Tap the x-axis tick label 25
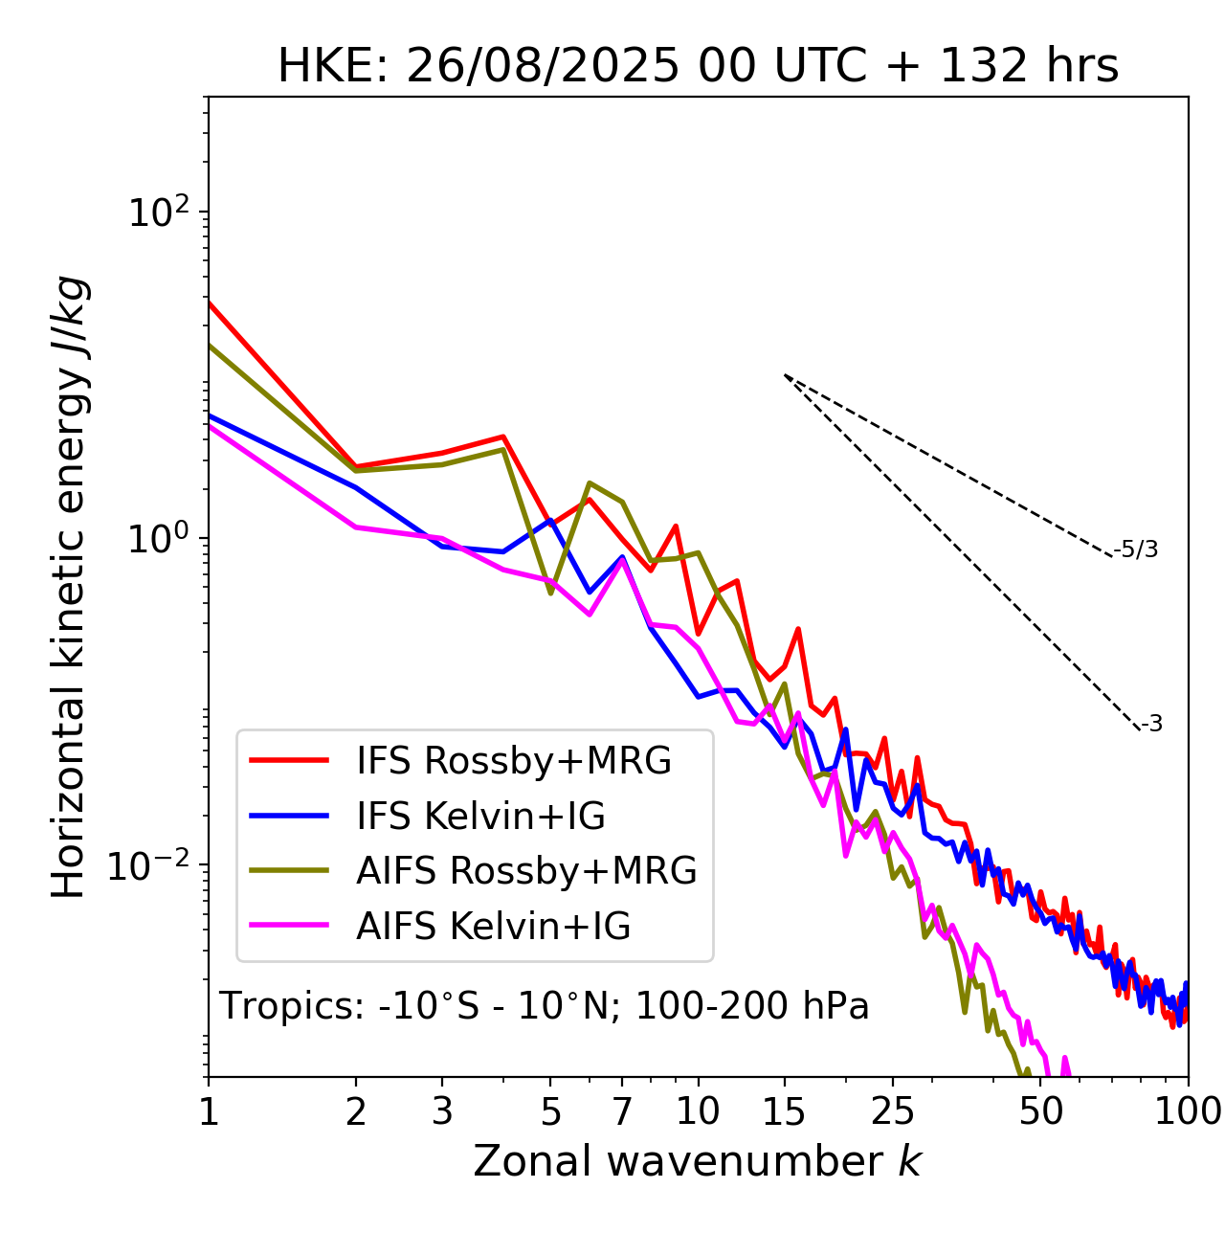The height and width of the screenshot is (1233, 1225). (x=893, y=1111)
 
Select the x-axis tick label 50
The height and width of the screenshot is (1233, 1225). (x=1041, y=1111)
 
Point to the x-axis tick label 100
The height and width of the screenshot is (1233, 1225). (x=1188, y=1111)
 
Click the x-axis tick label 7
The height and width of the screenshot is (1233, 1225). (x=622, y=1111)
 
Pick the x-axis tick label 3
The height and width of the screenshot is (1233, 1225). (x=442, y=1111)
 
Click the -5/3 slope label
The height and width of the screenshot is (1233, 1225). (x=1136, y=549)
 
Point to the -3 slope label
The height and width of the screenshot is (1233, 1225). (x=1151, y=725)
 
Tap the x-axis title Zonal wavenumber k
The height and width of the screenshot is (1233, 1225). (x=697, y=1161)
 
